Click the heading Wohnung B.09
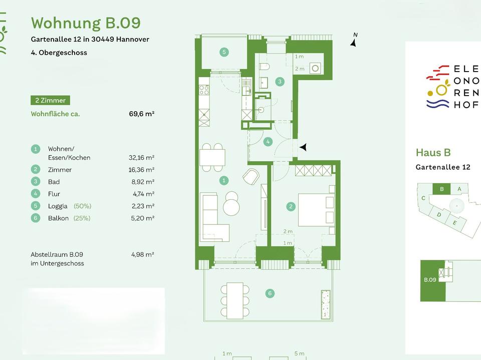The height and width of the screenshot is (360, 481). click(x=86, y=23)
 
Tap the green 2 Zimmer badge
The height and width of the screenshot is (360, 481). click(x=50, y=100)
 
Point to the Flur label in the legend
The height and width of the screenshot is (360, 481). click(x=54, y=194)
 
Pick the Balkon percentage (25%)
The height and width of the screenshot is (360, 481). click(x=82, y=218)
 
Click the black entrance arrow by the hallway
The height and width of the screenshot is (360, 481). click(x=303, y=147)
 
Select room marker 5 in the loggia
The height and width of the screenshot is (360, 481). click(x=224, y=52)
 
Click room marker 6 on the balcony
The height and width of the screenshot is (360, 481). click(x=270, y=293)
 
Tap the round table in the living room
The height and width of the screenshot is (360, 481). click(x=231, y=203)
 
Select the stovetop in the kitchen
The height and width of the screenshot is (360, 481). click(x=204, y=90)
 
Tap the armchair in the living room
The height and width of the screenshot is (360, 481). click(x=251, y=176)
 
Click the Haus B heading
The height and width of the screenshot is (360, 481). click(x=433, y=153)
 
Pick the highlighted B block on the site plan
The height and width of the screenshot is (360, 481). click(x=441, y=189)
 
